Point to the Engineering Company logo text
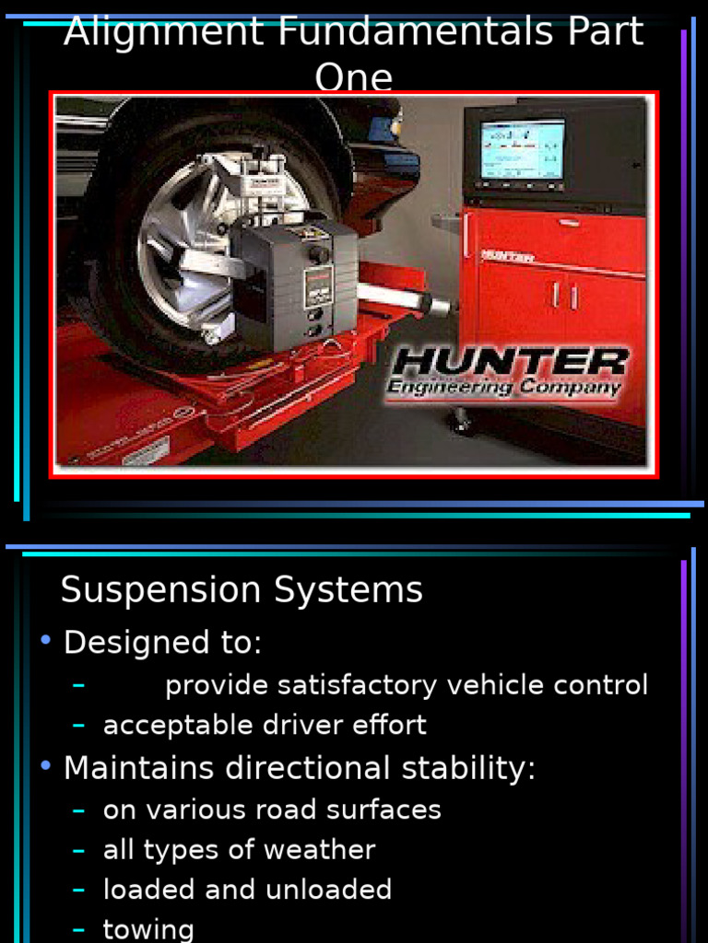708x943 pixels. coord(503,388)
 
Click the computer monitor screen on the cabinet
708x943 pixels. coord(522,149)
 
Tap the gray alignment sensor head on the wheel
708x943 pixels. coord(295,282)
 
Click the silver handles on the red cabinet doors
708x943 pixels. coord(564,296)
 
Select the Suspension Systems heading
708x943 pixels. coord(242,590)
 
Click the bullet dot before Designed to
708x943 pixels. coord(45,640)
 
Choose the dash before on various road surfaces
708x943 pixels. coord(79,810)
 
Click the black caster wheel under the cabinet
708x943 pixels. coord(461,423)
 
